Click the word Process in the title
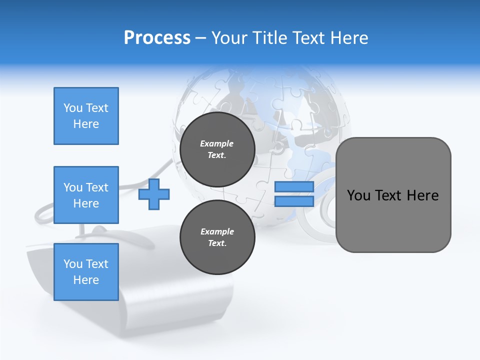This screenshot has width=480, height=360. point(157,37)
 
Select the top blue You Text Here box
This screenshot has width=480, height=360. point(86,116)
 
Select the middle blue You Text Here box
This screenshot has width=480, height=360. point(86,195)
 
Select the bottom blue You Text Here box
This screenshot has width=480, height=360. point(86,272)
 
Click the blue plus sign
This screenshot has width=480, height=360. point(154,193)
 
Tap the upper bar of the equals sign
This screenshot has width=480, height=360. point(294,187)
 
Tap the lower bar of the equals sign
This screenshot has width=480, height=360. point(294,201)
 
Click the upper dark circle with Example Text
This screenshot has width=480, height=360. point(217,149)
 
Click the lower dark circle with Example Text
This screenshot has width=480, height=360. point(217,237)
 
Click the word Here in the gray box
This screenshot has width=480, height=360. point(422,195)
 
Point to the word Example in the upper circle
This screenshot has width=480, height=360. point(217,143)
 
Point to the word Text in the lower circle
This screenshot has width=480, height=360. point(217,243)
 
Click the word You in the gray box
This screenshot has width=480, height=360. point(358,195)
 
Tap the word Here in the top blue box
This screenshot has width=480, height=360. point(86,124)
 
